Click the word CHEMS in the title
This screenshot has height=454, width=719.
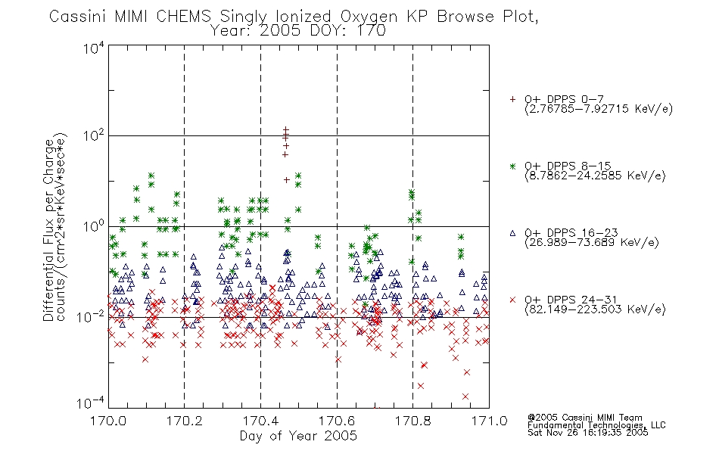click(x=183, y=17)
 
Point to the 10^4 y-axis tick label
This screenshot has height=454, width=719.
click(x=94, y=48)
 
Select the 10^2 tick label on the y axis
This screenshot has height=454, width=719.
click(x=94, y=135)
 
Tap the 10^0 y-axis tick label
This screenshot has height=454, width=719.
click(x=94, y=226)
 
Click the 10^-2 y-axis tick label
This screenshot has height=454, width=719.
click(x=92, y=316)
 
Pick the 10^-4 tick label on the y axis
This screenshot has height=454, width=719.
click(x=92, y=403)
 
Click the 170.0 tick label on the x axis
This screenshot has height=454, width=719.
click(x=108, y=421)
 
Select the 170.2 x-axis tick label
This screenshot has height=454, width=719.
click(x=185, y=421)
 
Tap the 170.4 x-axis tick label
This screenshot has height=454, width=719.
click(x=260, y=421)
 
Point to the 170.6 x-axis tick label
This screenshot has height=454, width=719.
click(x=337, y=421)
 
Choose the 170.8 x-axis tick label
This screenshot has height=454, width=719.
click(x=412, y=421)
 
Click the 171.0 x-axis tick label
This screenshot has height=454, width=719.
click(x=489, y=421)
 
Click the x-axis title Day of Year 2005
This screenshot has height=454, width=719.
click(x=298, y=436)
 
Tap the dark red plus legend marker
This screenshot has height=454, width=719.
click(x=512, y=99)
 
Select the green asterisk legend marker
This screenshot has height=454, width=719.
click(x=512, y=166)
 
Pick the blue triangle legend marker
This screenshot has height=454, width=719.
click(x=512, y=233)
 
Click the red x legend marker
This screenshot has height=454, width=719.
click(x=512, y=300)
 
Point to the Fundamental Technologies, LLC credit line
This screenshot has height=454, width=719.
click(x=596, y=425)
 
